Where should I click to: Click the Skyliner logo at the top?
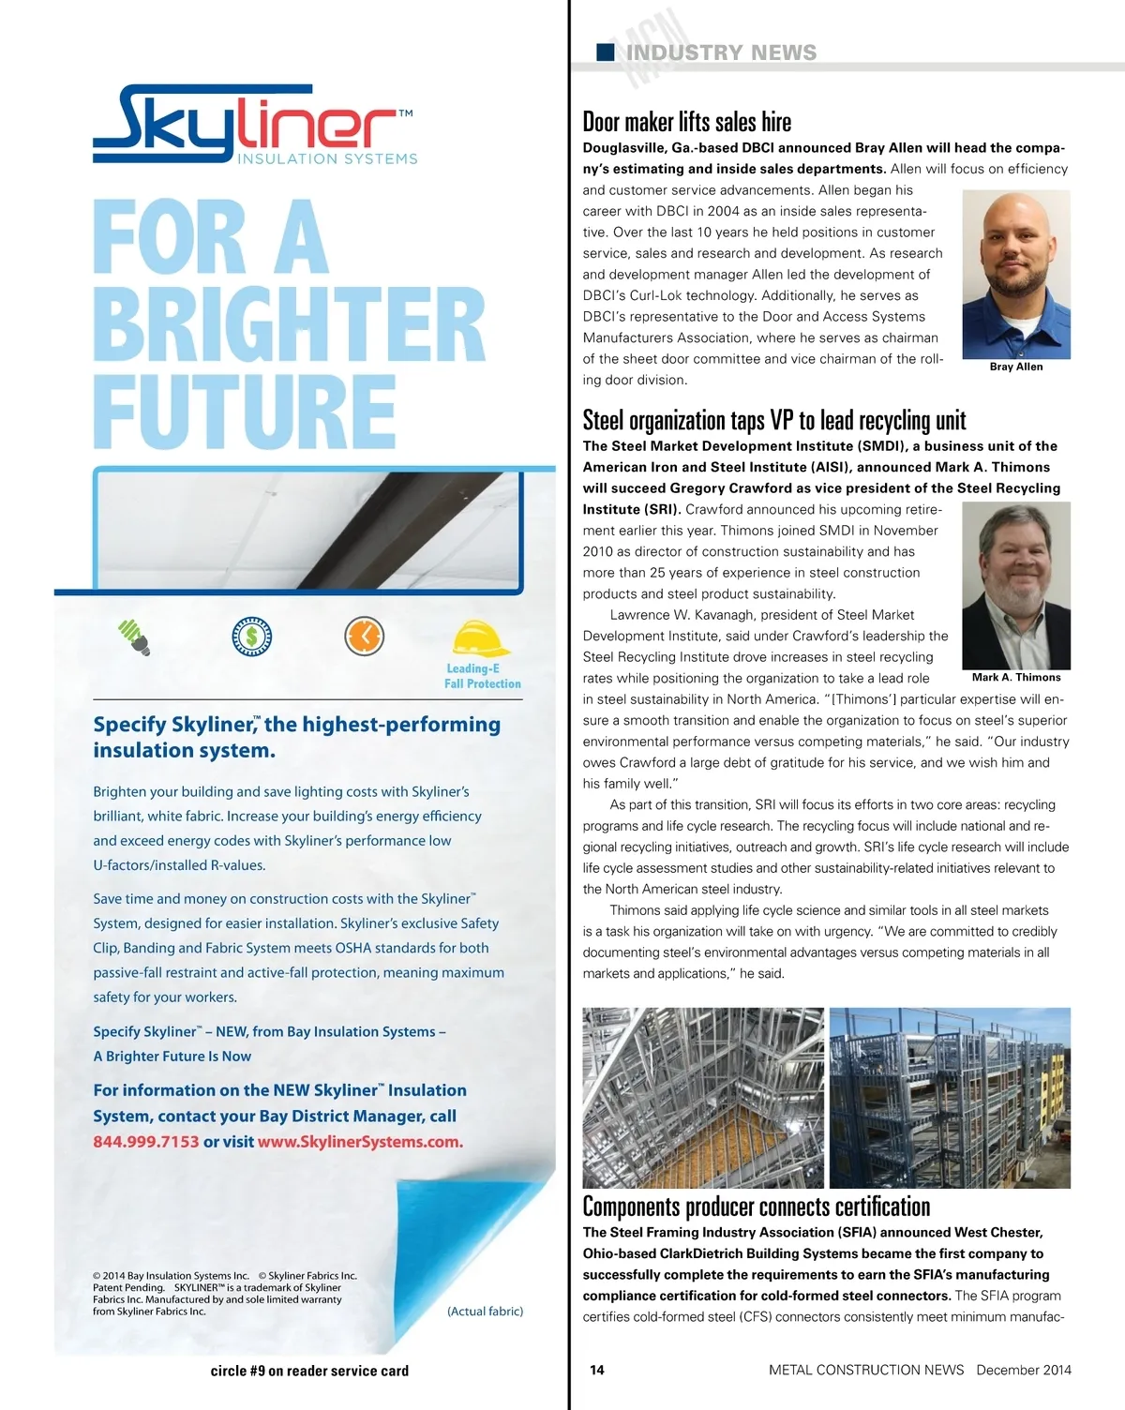[x=254, y=126]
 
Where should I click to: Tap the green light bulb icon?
[x=134, y=637]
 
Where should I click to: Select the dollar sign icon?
[x=251, y=637]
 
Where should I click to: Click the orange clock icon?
[x=364, y=636]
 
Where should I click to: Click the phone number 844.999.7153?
[x=145, y=1142]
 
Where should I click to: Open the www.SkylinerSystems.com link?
[x=360, y=1142]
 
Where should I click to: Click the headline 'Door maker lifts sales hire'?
[x=686, y=123]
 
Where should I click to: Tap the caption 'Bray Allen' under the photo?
[x=1015, y=367]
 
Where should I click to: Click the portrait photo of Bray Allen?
[x=1015, y=274]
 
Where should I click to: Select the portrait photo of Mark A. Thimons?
[x=1015, y=585]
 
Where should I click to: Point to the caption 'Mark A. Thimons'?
[x=1015, y=677]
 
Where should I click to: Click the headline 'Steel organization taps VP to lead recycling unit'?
[x=773, y=420]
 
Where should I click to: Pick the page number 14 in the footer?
[x=597, y=1370]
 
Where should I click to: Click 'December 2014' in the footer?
[x=1023, y=1370]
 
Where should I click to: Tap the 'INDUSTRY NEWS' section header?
[x=721, y=52]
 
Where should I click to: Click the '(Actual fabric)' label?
[x=485, y=1311]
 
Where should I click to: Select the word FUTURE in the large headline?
[x=245, y=411]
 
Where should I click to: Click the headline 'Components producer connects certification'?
[x=756, y=1207]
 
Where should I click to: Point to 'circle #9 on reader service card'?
[x=309, y=1371]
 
